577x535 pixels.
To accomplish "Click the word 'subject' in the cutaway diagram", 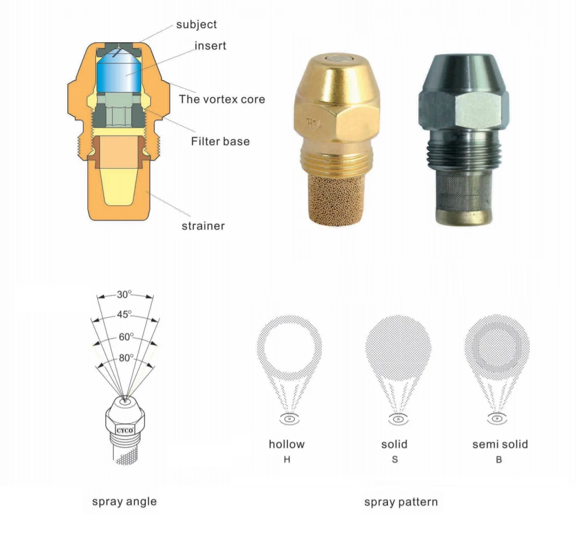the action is pos(196,25).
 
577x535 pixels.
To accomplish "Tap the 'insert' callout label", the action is pos(210,46).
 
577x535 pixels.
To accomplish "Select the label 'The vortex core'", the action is pos(222,99).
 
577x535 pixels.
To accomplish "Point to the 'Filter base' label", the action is pos(220,141).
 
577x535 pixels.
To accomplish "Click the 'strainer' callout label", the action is pos(203,226).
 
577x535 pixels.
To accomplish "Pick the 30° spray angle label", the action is pos(124,294).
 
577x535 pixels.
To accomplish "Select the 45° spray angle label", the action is pos(124,314).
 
